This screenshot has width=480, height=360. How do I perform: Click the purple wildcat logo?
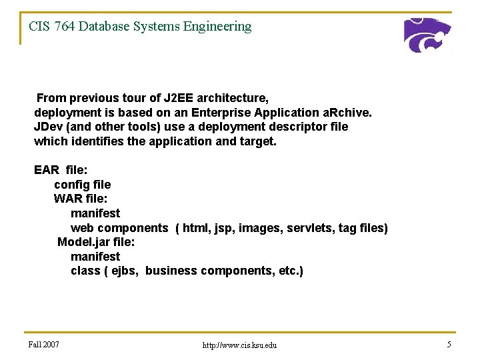(427, 35)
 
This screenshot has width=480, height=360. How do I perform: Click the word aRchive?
(347, 113)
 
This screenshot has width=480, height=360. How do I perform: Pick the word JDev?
(47, 127)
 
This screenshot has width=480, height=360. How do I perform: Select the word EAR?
(46, 170)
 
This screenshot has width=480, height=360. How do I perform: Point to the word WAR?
(67, 199)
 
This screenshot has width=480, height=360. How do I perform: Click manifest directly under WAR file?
(95, 213)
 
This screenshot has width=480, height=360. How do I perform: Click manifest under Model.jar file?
(95, 257)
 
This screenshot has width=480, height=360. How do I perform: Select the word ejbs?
(125, 271)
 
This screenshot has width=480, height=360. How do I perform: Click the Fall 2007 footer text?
(44, 345)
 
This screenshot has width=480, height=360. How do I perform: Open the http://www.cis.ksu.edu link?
(239, 345)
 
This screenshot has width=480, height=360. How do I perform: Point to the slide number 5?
(449, 345)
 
